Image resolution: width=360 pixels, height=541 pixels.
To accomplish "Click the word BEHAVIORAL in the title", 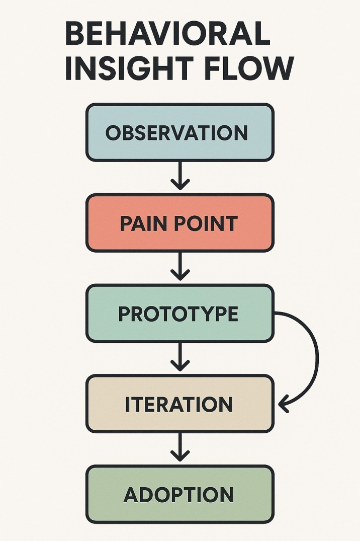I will coord(167,35).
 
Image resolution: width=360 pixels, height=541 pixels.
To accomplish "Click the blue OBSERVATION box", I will coord(180,132).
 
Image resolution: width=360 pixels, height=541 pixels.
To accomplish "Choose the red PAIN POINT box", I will coord(180,223).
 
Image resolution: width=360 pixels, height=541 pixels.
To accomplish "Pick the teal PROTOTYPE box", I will coord(180,314).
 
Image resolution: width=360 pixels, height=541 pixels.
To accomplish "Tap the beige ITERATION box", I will coord(180,404).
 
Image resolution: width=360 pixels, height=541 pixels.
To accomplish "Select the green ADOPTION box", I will coord(180,494).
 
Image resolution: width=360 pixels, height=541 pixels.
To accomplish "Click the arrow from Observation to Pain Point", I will coord(180,176).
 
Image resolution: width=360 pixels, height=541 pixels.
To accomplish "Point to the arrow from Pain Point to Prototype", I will coord(180,267).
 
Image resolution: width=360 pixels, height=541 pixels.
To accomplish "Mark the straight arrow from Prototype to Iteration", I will coord(180,357).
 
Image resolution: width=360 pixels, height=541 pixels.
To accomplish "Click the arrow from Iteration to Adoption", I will coord(180,447).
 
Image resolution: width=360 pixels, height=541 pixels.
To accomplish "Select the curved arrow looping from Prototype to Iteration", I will coord(316,352).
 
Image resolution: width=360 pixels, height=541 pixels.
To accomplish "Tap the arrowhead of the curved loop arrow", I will coord(283,403).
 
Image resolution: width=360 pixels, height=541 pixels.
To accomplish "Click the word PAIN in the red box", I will coord(142,223).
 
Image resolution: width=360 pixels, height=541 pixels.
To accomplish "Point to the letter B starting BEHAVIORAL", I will coord(76,35).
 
